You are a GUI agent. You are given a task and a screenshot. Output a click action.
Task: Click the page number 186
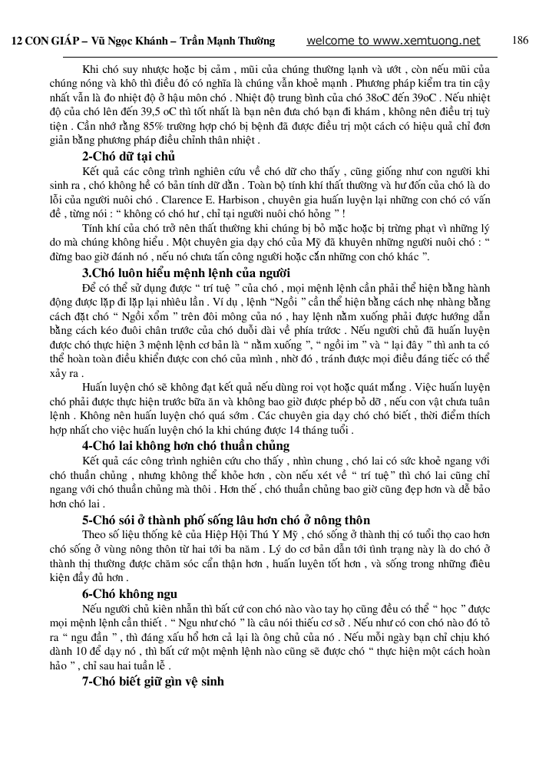click(520, 41)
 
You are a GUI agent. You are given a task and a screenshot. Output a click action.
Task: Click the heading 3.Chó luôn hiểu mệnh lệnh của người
click(175, 273)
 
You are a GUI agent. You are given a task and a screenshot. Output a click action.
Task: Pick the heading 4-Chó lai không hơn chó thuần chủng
click(186, 445)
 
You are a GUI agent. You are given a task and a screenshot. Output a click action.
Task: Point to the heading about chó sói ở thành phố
click(215, 520)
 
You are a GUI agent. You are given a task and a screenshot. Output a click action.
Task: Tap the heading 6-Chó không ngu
click(130, 593)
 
